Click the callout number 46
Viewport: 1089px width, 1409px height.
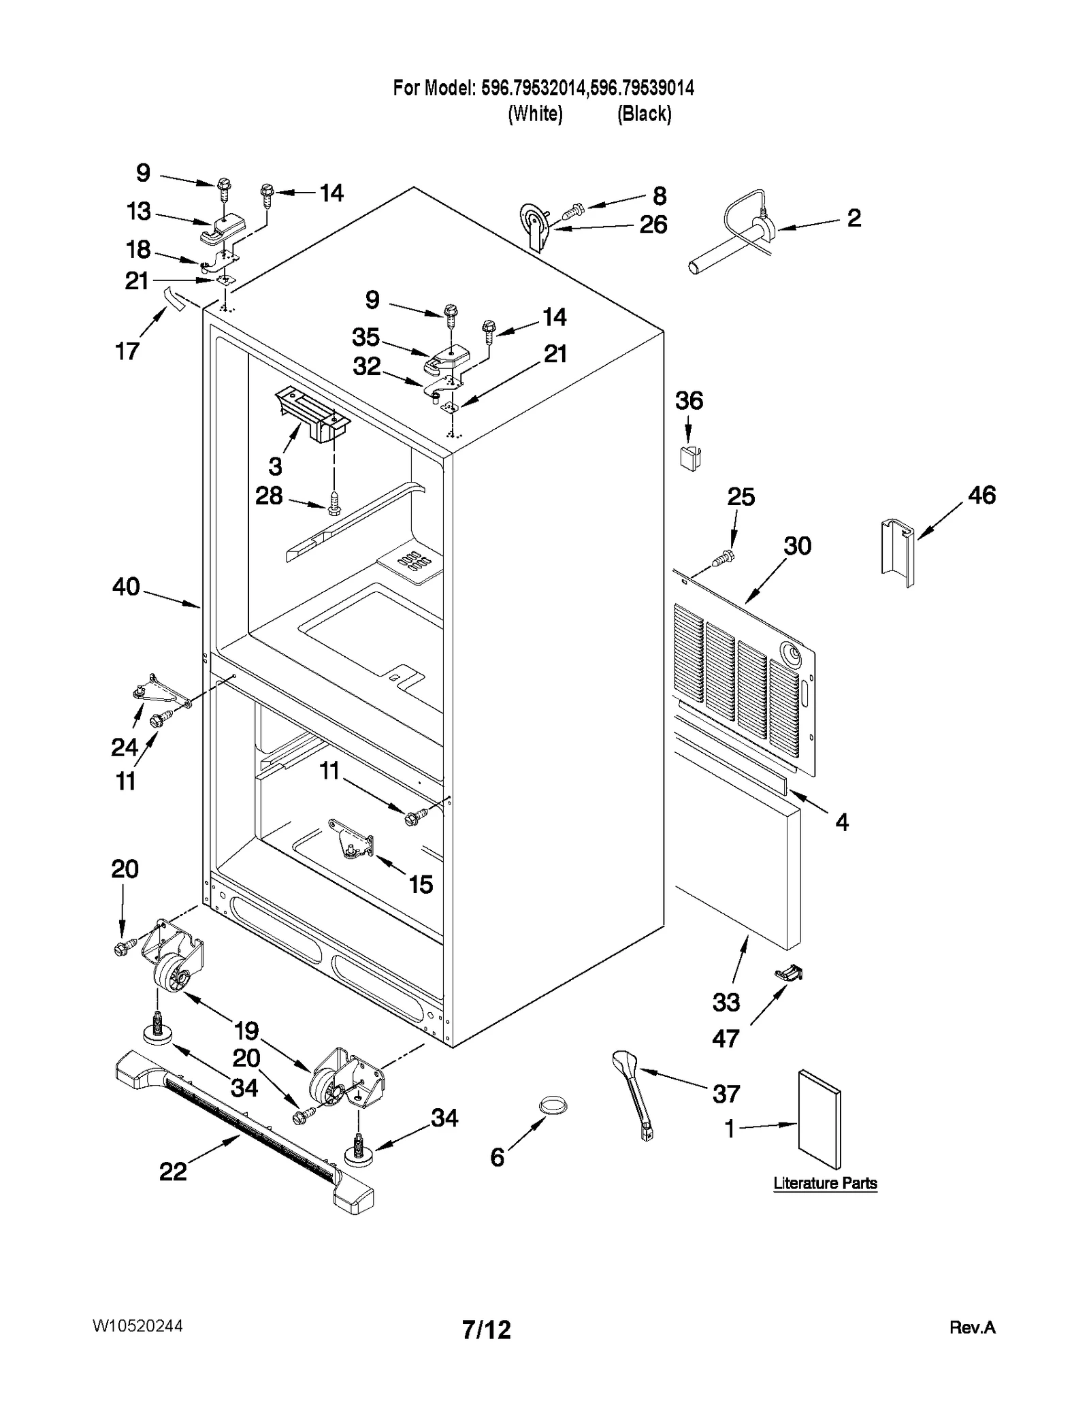click(x=981, y=495)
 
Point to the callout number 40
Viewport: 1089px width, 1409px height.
click(x=126, y=586)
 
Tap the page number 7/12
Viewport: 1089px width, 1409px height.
click(x=486, y=1329)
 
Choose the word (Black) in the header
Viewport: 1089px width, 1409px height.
click(x=644, y=114)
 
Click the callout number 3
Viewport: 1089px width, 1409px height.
click(x=274, y=466)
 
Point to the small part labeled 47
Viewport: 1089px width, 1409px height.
click(x=789, y=975)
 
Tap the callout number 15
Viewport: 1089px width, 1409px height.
click(x=420, y=884)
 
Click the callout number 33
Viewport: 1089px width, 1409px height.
click(x=726, y=1001)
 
